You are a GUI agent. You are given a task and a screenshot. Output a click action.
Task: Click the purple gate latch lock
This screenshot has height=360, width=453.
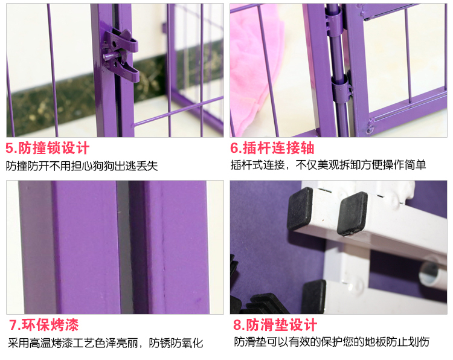click(121, 55)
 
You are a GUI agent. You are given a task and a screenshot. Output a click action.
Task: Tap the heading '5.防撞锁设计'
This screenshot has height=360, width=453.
click(47, 148)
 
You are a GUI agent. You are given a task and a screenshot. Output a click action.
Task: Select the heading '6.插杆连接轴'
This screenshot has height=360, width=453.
click(272, 148)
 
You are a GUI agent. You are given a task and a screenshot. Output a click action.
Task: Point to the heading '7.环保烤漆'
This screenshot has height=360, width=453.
click(43, 325)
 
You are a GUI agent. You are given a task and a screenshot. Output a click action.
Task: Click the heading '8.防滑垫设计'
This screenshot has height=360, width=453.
click(275, 325)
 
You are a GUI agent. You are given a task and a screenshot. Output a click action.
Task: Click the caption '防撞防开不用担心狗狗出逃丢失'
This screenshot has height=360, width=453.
click(82, 166)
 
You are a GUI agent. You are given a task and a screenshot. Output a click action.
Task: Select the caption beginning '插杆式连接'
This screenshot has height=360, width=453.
click(328, 165)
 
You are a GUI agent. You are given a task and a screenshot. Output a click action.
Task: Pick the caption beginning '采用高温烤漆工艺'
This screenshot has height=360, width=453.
click(106, 343)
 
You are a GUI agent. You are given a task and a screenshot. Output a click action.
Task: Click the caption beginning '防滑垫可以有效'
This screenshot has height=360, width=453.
click(332, 342)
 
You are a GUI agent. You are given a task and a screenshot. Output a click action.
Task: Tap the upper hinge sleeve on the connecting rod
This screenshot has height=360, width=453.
click(333, 22)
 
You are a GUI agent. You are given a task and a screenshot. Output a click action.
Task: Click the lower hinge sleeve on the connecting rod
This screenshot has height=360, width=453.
click(341, 89)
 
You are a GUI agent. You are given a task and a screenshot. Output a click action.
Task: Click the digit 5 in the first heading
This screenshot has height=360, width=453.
click(9, 148)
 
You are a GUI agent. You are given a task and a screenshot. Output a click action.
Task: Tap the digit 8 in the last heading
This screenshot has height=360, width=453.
click(237, 325)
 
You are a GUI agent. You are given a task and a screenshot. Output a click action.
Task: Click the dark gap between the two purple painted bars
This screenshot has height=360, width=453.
click(124, 247)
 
